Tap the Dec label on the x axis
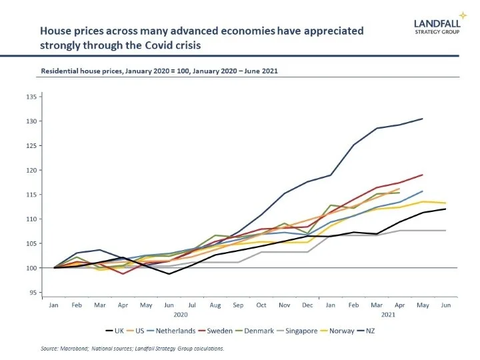(308, 304)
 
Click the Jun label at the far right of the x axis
(446, 304)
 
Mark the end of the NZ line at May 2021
(423, 119)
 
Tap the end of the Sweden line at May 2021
(423, 175)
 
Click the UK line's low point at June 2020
(169, 274)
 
